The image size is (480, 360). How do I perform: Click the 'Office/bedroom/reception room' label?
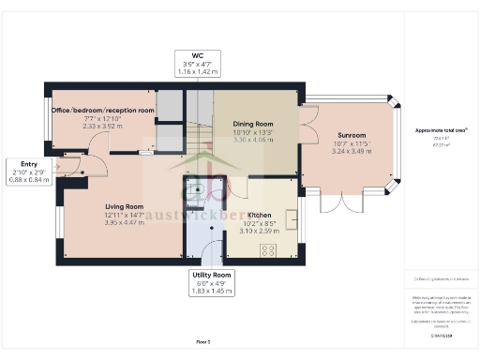pos(103,111)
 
